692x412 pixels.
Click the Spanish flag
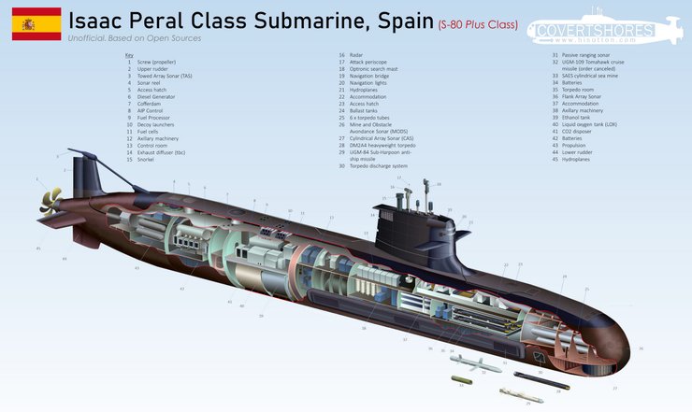[x=36, y=23]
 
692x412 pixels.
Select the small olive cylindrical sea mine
[x=463, y=381]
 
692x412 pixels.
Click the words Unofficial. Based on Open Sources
[x=135, y=38]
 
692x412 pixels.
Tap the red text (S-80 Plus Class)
[x=477, y=23]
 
